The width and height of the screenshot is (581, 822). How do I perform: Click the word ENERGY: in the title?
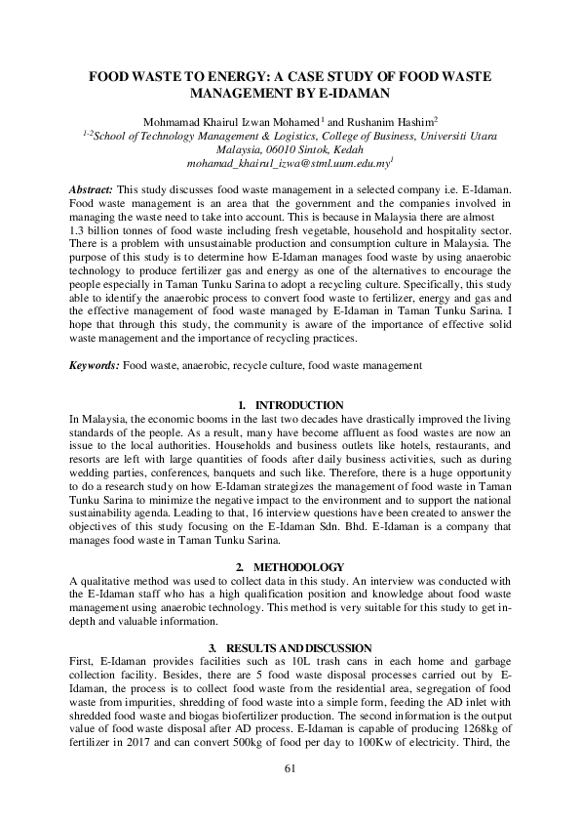(254, 75)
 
